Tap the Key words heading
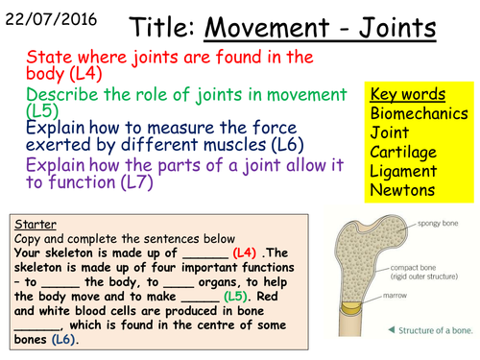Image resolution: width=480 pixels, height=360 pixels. [406, 94]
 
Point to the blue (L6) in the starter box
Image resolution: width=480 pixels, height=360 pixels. [63, 339]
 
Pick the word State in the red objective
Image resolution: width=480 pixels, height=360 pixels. [49, 58]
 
